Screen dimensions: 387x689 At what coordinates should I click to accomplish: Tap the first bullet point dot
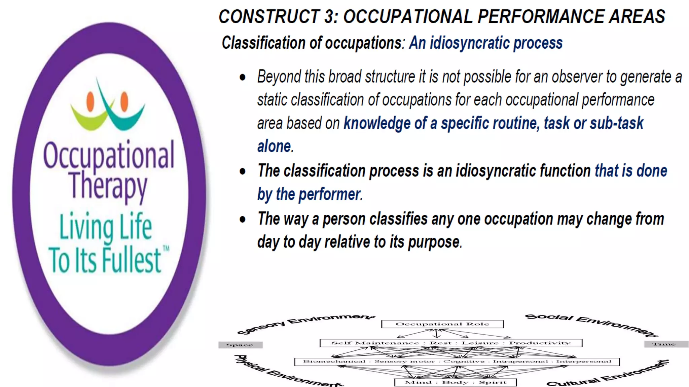(x=243, y=78)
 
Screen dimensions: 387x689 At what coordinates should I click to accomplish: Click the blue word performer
(x=329, y=195)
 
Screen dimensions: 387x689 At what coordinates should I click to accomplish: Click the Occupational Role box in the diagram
(x=442, y=324)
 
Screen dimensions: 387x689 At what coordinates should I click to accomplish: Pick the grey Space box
(x=240, y=345)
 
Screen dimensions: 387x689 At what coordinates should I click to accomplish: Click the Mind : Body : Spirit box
(x=455, y=382)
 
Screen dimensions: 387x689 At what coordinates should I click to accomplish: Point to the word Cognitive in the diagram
(x=464, y=361)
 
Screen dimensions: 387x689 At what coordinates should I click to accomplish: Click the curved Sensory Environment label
(x=304, y=322)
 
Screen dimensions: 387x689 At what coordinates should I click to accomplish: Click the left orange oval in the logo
(x=90, y=101)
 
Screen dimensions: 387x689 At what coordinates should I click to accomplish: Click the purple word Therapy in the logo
(x=109, y=186)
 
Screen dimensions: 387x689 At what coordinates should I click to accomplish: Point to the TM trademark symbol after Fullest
(x=166, y=249)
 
